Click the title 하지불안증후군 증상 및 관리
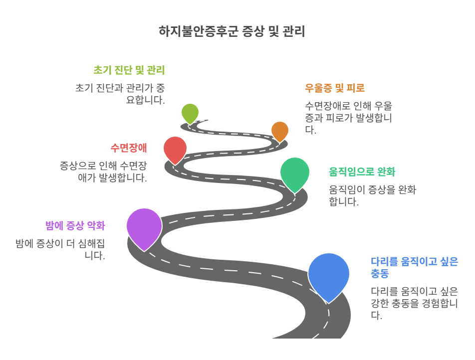(232, 31)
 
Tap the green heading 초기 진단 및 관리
(129, 70)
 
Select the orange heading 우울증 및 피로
(335, 88)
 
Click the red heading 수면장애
(129, 148)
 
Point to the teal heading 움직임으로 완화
(362, 172)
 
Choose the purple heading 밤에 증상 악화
(75, 225)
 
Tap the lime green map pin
(190, 112)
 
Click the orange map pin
(280, 130)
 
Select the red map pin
(175, 148)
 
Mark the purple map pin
(144, 226)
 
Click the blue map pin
(328, 275)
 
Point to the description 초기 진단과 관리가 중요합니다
(120, 94)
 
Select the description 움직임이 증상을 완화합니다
(372, 196)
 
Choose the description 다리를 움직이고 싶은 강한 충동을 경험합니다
(414, 303)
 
